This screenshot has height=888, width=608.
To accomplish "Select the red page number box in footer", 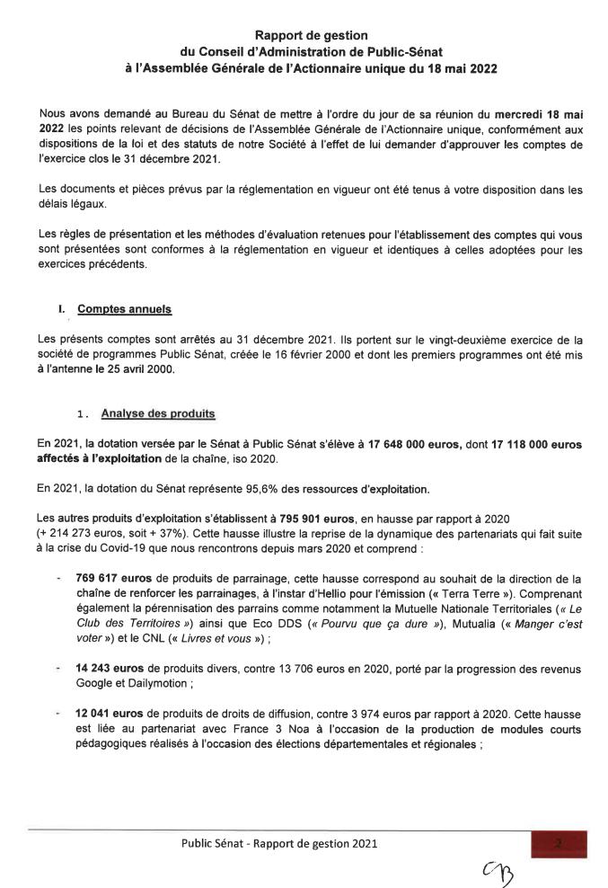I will [x=559, y=843].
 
